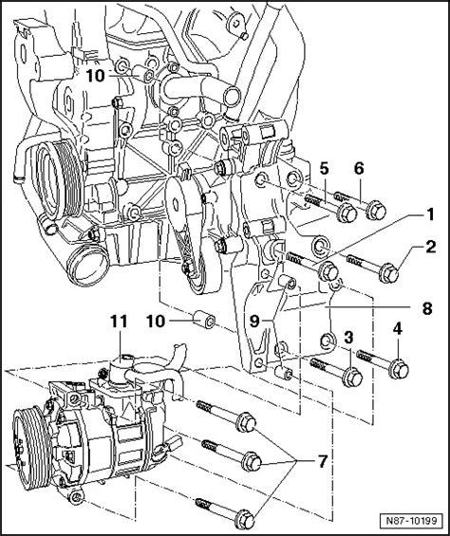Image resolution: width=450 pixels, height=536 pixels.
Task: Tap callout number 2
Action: pyautogui.click(x=430, y=248)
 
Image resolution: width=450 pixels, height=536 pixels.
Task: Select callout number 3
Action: pyautogui.click(x=348, y=338)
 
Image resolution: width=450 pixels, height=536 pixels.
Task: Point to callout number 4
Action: pyautogui.click(x=397, y=329)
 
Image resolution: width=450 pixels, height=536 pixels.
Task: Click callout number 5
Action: pyautogui.click(x=324, y=168)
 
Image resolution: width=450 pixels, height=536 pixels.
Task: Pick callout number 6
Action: pyautogui.click(x=359, y=168)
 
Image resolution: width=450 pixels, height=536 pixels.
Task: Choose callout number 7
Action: pyautogui.click(x=323, y=461)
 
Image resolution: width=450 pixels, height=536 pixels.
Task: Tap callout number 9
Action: pyautogui.click(x=254, y=321)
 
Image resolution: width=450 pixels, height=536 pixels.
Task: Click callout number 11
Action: pyautogui.click(x=119, y=322)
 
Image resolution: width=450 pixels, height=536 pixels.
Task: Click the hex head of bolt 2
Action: pyautogui.click(x=390, y=274)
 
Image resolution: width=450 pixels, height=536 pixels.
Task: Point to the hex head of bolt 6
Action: pyautogui.click(x=376, y=211)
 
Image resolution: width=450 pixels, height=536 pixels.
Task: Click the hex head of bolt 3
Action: pyautogui.click(x=352, y=378)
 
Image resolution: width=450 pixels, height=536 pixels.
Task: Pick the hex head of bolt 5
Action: pyautogui.click(x=347, y=213)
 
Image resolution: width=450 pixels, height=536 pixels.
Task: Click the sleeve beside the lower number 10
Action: pyautogui.click(x=204, y=320)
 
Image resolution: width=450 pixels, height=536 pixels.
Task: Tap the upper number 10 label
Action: pyautogui.click(x=96, y=76)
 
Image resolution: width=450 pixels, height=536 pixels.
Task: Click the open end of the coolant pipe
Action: pyautogui.click(x=232, y=96)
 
